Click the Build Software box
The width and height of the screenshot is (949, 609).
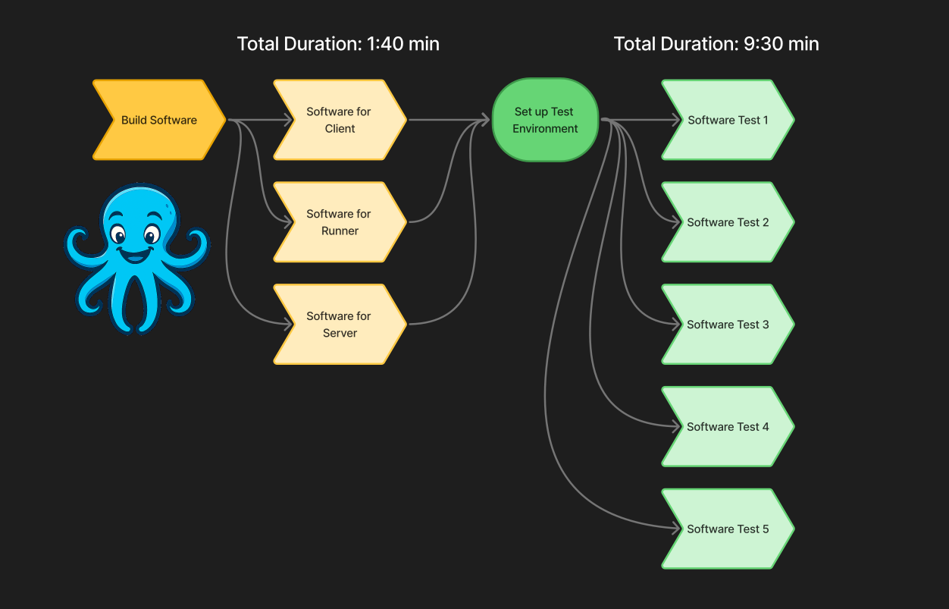point(159,120)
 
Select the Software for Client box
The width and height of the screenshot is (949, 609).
point(339,120)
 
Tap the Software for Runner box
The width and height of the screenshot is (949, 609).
point(339,222)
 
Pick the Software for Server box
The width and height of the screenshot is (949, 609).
point(339,325)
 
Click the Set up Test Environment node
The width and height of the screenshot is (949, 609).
point(545,120)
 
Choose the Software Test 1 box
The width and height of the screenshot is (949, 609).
point(727,120)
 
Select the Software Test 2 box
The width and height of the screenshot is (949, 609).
point(727,222)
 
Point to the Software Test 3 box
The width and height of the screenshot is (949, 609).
point(727,325)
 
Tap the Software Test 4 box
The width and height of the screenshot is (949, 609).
point(727,427)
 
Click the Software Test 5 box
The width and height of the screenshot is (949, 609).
point(727,529)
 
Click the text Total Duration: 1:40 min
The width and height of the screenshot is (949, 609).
point(338,44)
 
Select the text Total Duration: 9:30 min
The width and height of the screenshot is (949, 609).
point(716,44)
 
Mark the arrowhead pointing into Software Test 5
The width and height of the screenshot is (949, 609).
point(676,529)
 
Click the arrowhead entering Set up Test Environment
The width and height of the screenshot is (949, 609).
point(486,120)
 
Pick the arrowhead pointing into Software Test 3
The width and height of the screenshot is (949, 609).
point(676,325)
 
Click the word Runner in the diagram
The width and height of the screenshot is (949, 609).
point(340,231)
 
